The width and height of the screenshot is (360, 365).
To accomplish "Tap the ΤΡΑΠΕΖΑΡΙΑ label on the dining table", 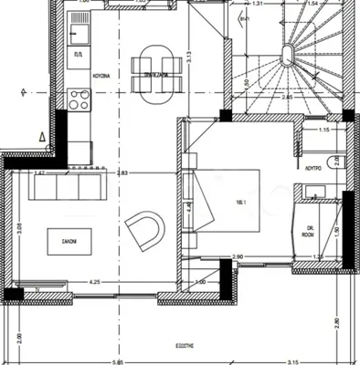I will [x=147, y=77].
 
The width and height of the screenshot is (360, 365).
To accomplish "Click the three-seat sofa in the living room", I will [x=66, y=188].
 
